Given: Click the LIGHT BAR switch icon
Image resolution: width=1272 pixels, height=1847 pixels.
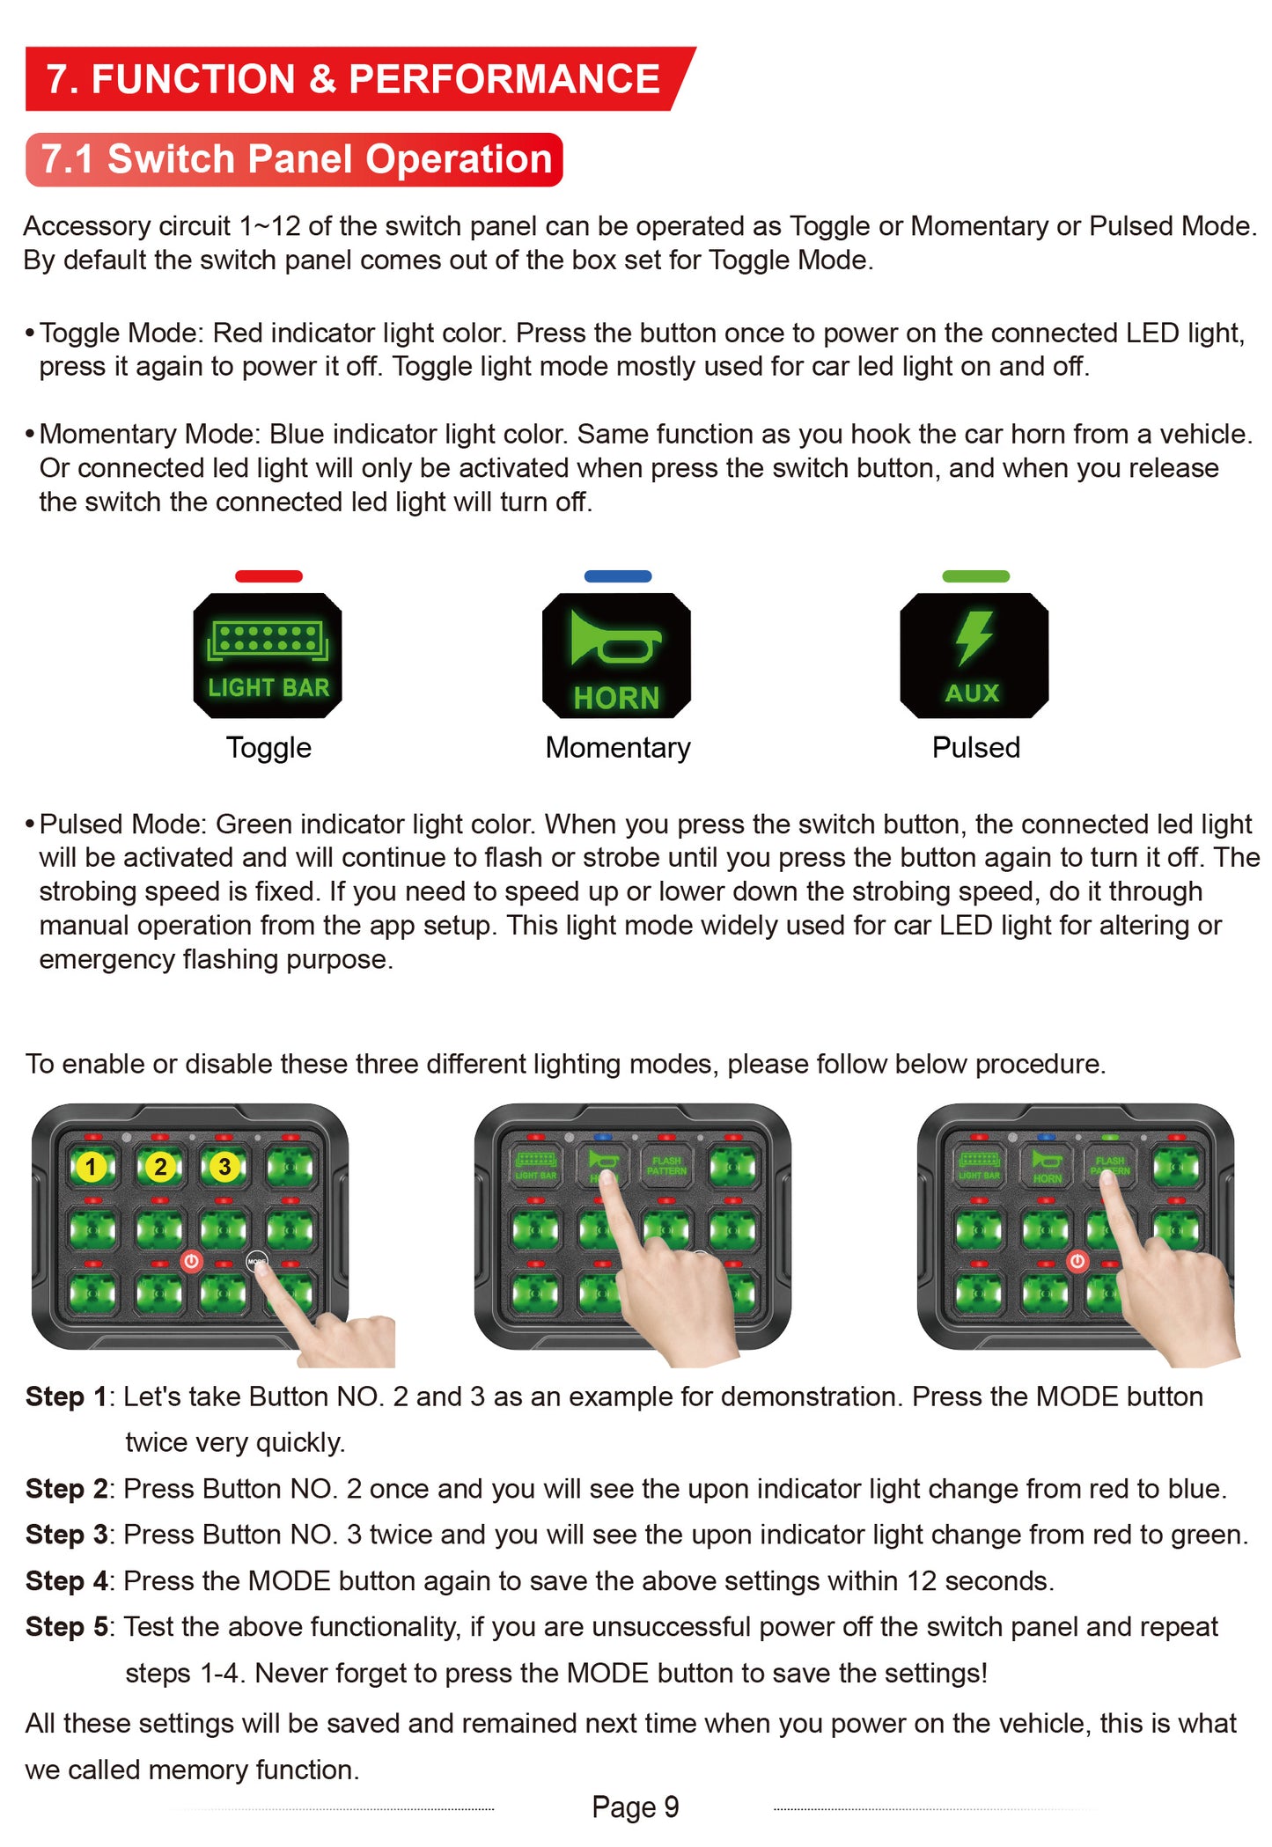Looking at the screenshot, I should (x=268, y=656).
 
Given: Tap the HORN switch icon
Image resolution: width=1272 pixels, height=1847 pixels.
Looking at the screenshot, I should (x=616, y=656).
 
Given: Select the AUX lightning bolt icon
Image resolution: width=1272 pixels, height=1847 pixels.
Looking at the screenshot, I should (x=974, y=656).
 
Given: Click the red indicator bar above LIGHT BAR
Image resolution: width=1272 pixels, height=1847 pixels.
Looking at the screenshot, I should (x=268, y=576).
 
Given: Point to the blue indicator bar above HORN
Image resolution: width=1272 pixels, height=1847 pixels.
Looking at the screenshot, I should (x=618, y=576).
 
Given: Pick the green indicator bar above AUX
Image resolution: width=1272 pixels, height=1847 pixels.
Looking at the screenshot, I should (x=975, y=576).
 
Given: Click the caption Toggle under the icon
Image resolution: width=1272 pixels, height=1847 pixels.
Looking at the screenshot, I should (x=268, y=748).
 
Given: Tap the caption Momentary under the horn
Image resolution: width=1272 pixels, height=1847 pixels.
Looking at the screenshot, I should (x=618, y=748).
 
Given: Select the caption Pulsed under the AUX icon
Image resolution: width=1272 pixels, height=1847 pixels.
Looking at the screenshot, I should (x=975, y=748).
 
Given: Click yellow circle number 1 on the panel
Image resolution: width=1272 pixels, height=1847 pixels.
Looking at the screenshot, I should (x=90, y=1167).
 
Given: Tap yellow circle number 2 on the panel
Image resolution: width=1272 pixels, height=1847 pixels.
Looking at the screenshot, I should (x=159, y=1167).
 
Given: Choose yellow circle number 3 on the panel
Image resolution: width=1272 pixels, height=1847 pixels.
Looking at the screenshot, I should (x=224, y=1167).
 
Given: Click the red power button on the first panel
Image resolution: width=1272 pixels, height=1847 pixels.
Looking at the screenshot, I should (x=191, y=1261).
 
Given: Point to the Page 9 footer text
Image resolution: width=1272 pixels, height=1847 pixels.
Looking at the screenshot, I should (x=635, y=1807).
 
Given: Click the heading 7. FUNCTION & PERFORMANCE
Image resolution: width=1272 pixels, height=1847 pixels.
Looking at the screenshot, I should (x=352, y=79).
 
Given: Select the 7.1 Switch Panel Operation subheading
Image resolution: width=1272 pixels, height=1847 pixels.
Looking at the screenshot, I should (x=295, y=159).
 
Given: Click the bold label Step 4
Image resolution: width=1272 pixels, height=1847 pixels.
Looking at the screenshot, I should (x=67, y=1580).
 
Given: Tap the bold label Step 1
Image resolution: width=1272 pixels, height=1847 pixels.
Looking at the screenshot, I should (x=67, y=1396).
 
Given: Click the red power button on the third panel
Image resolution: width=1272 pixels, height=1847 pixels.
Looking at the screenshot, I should (x=1077, y=1261).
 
